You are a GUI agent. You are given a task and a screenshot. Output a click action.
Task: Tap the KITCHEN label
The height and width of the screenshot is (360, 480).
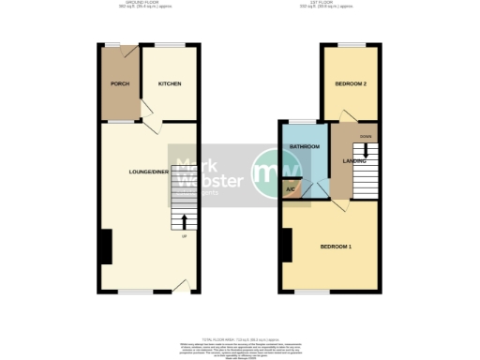tap(170, 84)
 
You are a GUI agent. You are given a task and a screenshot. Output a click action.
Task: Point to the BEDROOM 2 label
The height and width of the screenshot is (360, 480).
tap(350, 84)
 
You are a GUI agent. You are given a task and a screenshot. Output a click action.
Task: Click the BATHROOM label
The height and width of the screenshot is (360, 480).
tap(305, 147)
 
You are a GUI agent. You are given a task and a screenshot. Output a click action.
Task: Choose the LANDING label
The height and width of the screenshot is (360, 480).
tap(355, 161)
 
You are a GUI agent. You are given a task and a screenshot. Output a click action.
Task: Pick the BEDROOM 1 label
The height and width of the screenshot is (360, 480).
tap(336, 247)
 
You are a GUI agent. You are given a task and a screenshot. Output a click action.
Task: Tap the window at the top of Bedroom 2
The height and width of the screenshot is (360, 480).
tap(351, 45)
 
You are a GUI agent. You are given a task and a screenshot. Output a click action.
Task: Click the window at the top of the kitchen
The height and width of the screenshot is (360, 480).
tap(170, 45)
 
